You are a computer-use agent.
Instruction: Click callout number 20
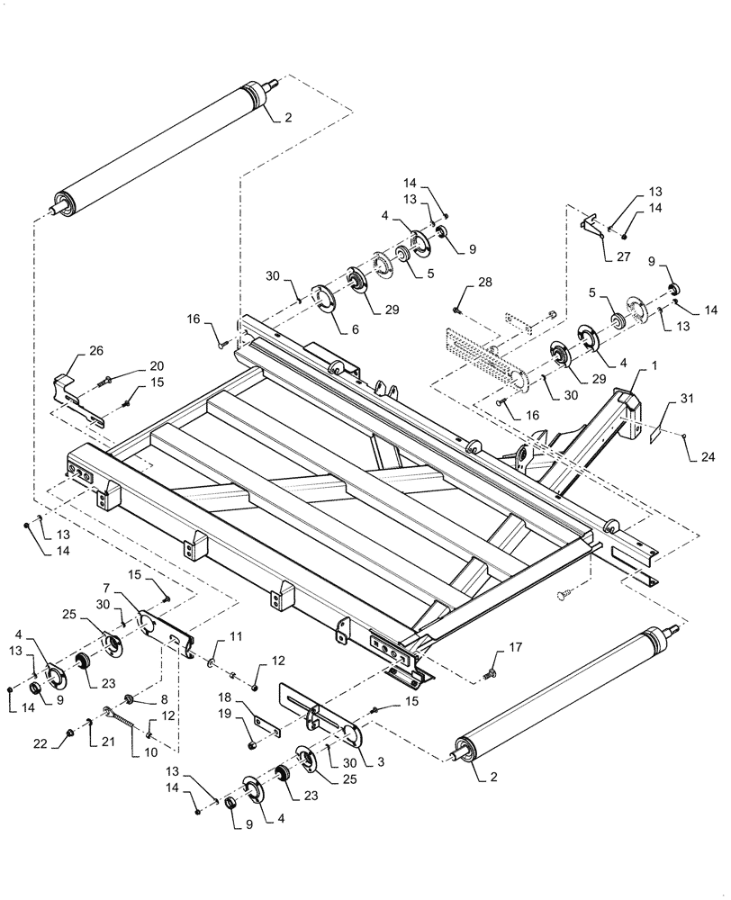pos(157,366)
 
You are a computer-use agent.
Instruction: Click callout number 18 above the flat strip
pos(227,697)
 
